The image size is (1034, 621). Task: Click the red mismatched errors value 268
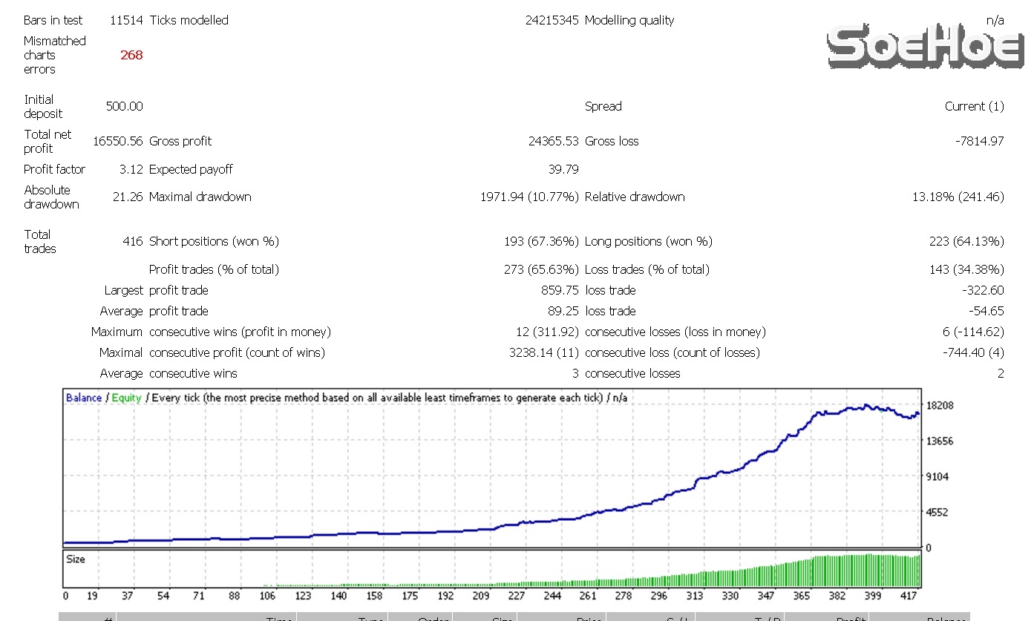click(131, 55)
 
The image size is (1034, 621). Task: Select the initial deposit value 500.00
click(125, 106)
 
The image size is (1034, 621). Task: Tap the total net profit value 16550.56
click(118, 141)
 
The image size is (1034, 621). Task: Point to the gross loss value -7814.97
click(979, 141)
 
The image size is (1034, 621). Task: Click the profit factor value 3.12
click(131, 169)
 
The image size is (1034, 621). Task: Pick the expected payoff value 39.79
click(563, 169)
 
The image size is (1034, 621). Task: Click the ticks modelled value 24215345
click(552, 20)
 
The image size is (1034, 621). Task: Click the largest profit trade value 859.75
click(560, 290)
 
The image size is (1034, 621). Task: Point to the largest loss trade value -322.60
click(983, 290)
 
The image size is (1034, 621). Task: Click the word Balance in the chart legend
click(83, 398)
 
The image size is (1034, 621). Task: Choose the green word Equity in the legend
click(126, 398)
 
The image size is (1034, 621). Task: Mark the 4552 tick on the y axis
click(938, 512)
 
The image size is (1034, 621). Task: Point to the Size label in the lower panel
click(76, 559)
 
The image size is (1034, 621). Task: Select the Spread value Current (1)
click(974, 106)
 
